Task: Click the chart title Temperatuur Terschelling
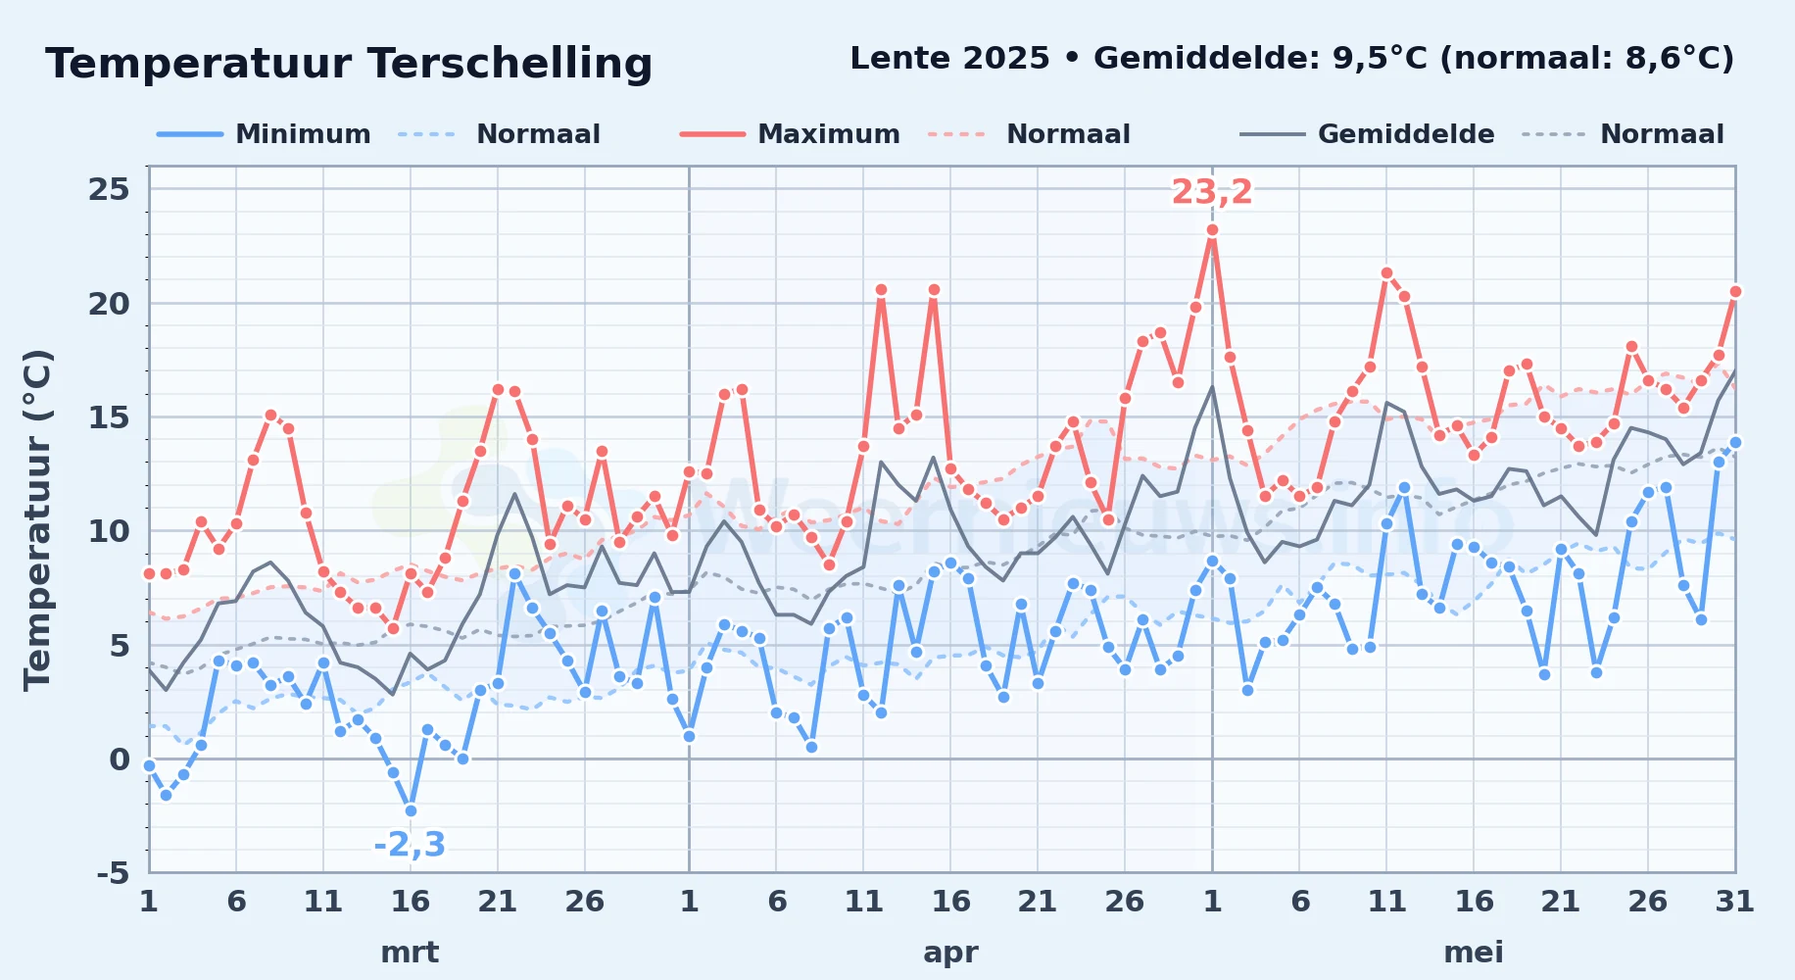(x=349, y=64)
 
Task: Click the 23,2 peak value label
(x=1212, y=192)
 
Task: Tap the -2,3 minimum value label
(x=410, y=844)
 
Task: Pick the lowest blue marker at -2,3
(x=411, y=810)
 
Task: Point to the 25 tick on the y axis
(x=109, y=189)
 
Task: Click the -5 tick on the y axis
(x=113, y=872)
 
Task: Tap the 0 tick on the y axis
(x=120, y=759)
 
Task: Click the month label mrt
(x=410, y=952)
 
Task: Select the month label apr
(x=950, y=953)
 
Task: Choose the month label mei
(x=1474, y=952)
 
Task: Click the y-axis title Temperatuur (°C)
(x=38, y=519)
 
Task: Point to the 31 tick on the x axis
(x=1734, y=901)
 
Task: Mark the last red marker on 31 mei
(x=1735, y=291)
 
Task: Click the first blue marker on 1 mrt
(x=149, y=765)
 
